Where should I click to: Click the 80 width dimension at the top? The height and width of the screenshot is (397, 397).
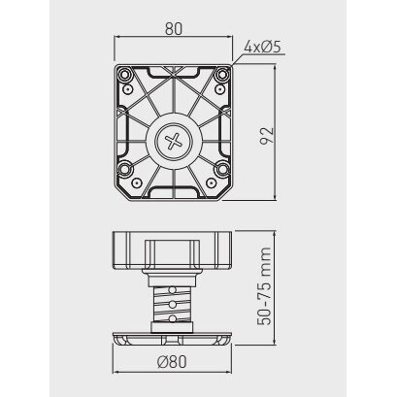tap(174, 29)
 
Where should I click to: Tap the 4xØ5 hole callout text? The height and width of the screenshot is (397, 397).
tap(262, 48)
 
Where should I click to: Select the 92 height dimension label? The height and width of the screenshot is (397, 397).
tap(267, 136)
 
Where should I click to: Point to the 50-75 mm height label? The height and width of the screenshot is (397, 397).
tap(264, 286)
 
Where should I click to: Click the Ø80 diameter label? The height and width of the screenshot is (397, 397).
tap(172, 361)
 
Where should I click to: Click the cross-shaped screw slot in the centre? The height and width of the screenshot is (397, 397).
tap(174, 142)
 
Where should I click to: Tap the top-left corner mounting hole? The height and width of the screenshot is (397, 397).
tap(124, 75)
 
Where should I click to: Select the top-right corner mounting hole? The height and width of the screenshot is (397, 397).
tap(222, 75)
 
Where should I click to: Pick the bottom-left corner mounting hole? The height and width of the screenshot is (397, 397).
tap(124, 169)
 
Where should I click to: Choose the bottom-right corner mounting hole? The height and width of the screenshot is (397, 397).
tap(222, 169)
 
